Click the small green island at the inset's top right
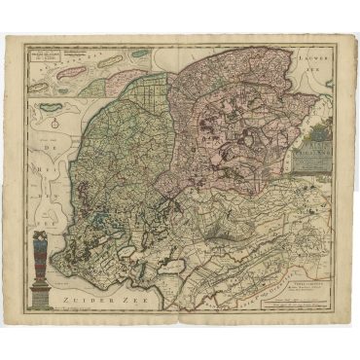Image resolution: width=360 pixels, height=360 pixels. [x=140, y=54]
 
